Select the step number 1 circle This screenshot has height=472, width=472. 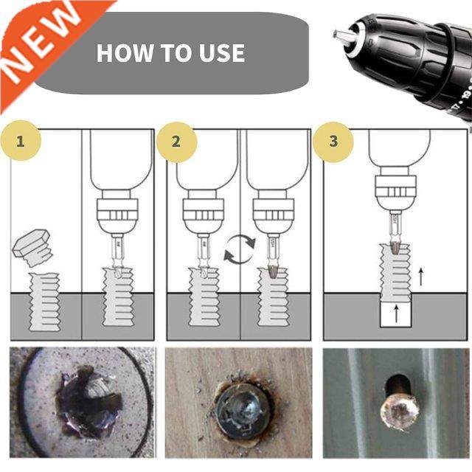(20, 140)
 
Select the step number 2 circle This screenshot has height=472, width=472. (176, 140)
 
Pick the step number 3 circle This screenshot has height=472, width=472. (333, 140)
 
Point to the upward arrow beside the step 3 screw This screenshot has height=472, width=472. (421, 277)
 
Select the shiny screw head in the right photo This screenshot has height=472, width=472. (399, 408)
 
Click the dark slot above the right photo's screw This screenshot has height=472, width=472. (395, 383)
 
